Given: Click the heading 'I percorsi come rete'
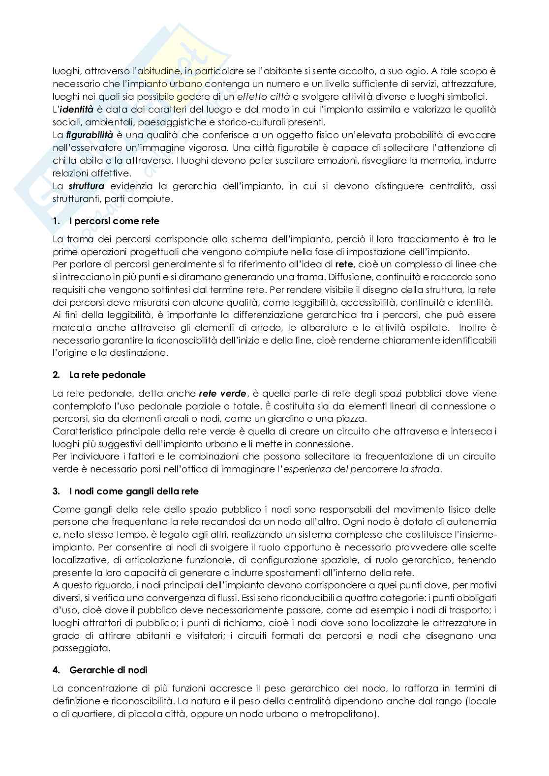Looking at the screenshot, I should coord(114,221).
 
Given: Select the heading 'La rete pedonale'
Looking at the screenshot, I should coord(107,375).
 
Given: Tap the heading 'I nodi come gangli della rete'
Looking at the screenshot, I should coord(134,491).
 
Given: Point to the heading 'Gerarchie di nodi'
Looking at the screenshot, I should coord(108,670).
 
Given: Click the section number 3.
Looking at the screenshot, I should coord(56,491).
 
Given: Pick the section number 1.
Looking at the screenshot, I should coord(56,221).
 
